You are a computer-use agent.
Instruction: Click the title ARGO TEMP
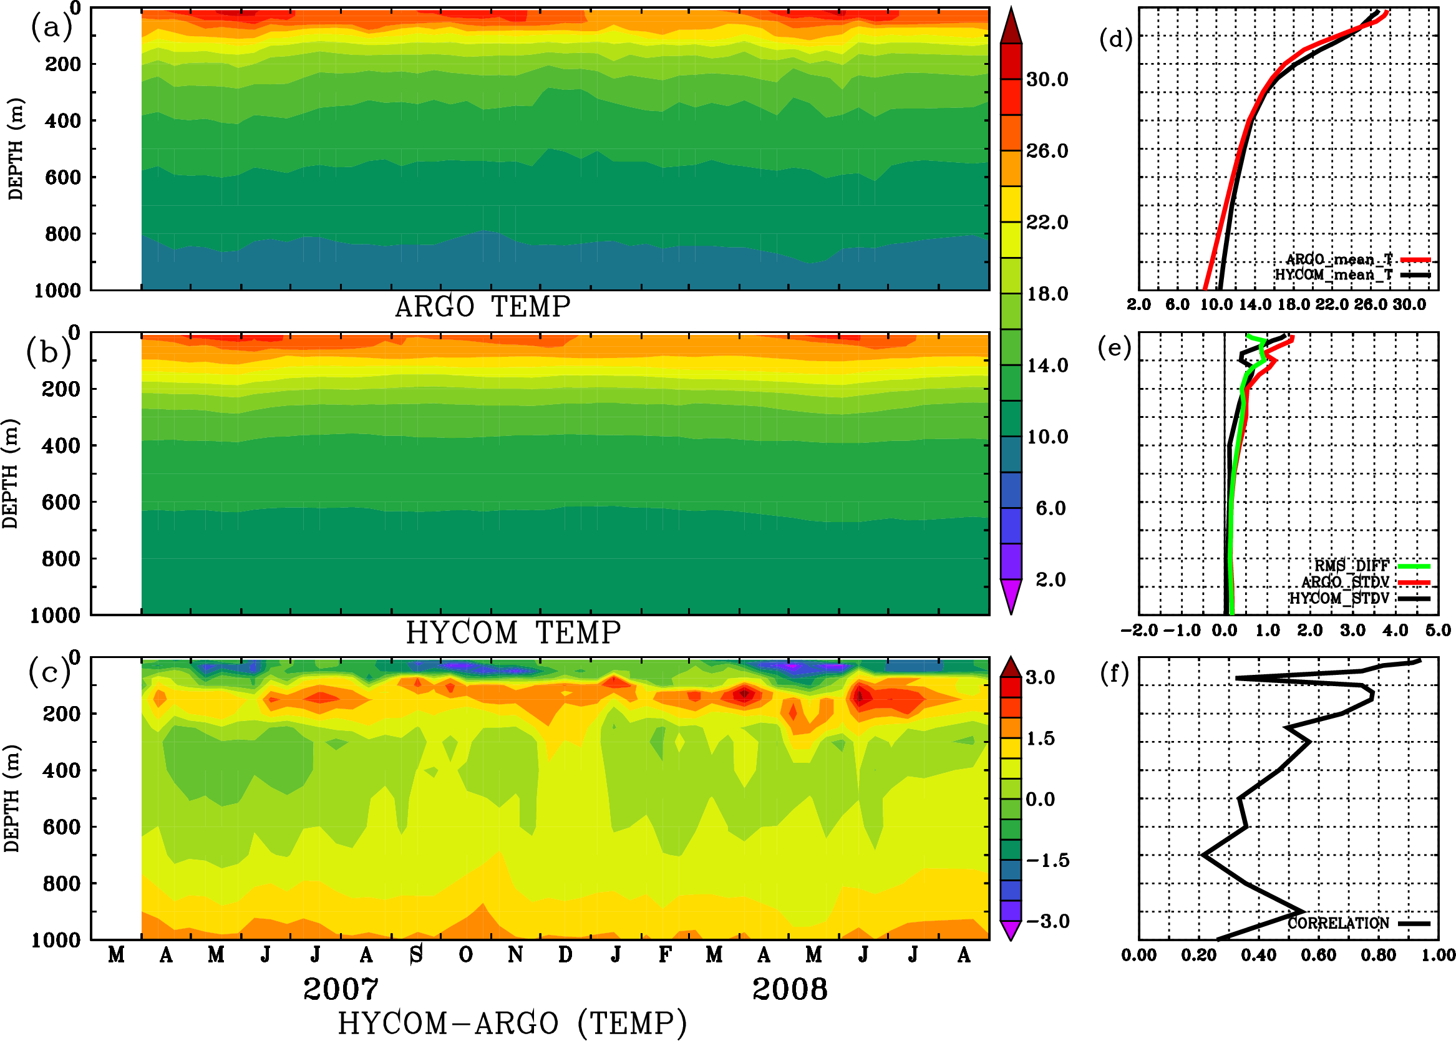482,307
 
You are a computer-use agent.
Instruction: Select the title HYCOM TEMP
513,632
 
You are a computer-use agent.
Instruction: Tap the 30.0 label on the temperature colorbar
1047,79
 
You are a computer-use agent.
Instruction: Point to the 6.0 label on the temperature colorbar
1050,508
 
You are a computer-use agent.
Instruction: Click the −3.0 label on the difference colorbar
1047,921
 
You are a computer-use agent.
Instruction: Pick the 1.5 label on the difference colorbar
1040,738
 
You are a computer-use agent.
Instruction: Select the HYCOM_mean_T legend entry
1334,275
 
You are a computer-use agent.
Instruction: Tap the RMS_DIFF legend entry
1351,566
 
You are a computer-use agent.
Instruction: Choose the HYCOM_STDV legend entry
1339,598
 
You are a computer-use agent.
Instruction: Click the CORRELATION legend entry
1338,923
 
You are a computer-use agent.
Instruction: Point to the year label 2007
341,989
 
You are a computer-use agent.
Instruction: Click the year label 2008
789,989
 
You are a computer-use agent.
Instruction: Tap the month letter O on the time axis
466,955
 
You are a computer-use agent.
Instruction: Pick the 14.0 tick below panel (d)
1254,304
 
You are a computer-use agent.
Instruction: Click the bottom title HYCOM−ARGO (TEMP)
512,1024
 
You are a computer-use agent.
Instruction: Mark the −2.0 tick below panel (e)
1138,630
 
